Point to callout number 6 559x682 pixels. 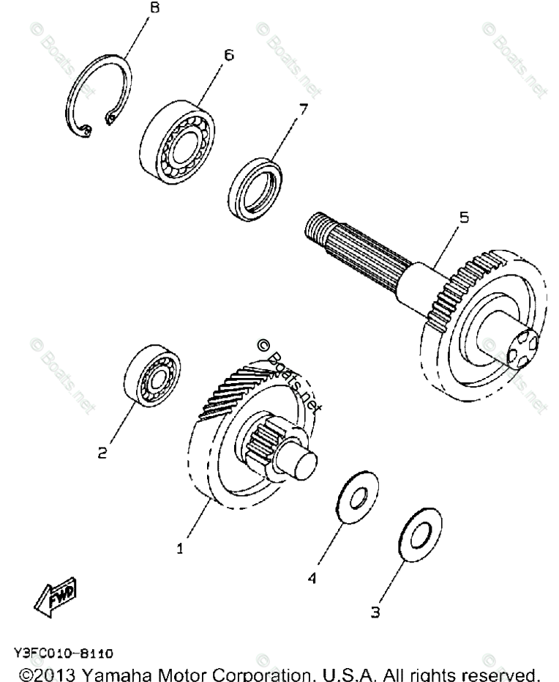[x=229, y=55]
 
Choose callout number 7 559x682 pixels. [x=302, y=110]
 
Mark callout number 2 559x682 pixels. [x=103, y=453]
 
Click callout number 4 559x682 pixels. [x=312, y=579]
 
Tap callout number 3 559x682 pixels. [x=375, y=612]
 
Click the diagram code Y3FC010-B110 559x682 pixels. [x=62, y=651]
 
